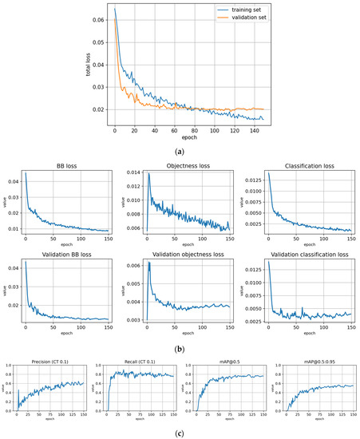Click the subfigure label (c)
(180, 431)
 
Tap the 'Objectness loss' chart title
(180, 168)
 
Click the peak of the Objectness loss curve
(148, 175)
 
